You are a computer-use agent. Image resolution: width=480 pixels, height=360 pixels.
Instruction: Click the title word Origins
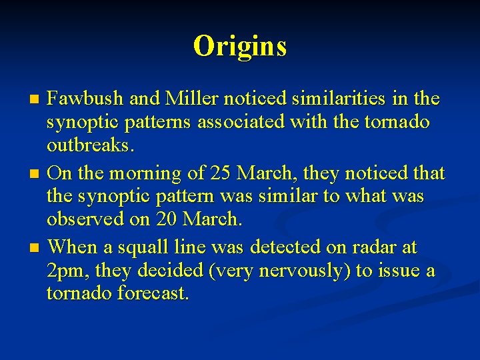click(x=240, y=46)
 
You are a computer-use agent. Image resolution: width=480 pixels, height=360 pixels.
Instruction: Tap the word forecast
click(x=151, y=294)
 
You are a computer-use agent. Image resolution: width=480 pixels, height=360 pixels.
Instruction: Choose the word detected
click(x=291, y=247)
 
